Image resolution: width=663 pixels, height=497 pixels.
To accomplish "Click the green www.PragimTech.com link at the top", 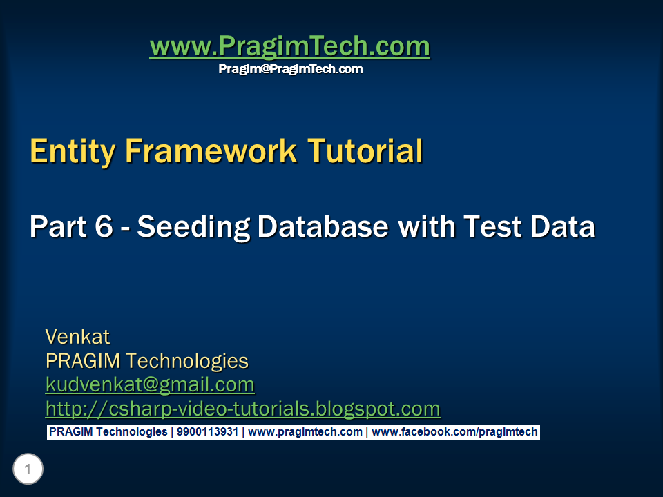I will coord(289,47).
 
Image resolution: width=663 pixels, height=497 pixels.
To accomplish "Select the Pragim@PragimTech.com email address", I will coord(290,69).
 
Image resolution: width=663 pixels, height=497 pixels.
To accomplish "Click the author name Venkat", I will coord(77,337).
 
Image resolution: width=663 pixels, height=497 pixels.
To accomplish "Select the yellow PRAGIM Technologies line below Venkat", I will coord(146,361).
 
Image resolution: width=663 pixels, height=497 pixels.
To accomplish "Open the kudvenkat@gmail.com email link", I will coord(150,384).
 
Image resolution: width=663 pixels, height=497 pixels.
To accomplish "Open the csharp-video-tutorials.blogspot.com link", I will coord(242,409).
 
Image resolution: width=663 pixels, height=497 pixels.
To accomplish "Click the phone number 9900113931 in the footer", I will coord(206,432).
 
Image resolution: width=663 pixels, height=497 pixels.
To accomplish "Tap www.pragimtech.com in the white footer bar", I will coord(305,432).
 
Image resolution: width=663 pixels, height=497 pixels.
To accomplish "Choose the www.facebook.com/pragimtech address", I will coord(454,432).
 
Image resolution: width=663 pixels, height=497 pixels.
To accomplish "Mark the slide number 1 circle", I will coord(28,470).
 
